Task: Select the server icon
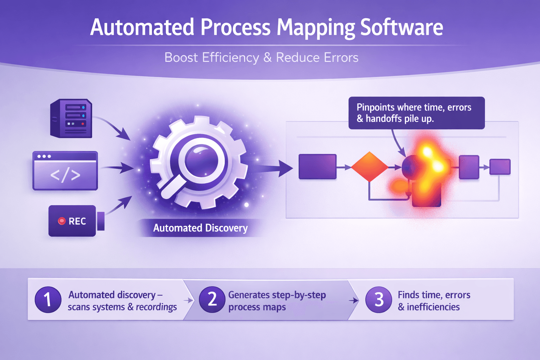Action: [71, 118]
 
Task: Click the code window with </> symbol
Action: [65, 171]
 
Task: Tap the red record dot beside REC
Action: [62, 221]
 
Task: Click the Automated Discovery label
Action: [200, 228]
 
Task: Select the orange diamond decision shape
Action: [369, 167]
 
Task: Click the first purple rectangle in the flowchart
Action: [317, 167]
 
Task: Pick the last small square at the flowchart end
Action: [500, 167]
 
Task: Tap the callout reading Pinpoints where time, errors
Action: [416, 113]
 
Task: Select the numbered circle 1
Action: [48, 300]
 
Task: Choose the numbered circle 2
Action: [212, 300]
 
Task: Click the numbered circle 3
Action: [379, 300]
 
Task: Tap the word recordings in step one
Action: [156, 307]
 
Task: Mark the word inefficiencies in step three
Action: [433, 307]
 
